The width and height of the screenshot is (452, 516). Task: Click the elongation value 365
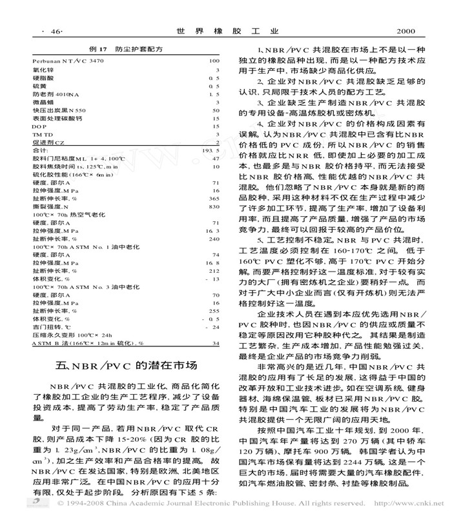[215, 199]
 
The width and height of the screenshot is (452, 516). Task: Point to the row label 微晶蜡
[40, 102]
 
